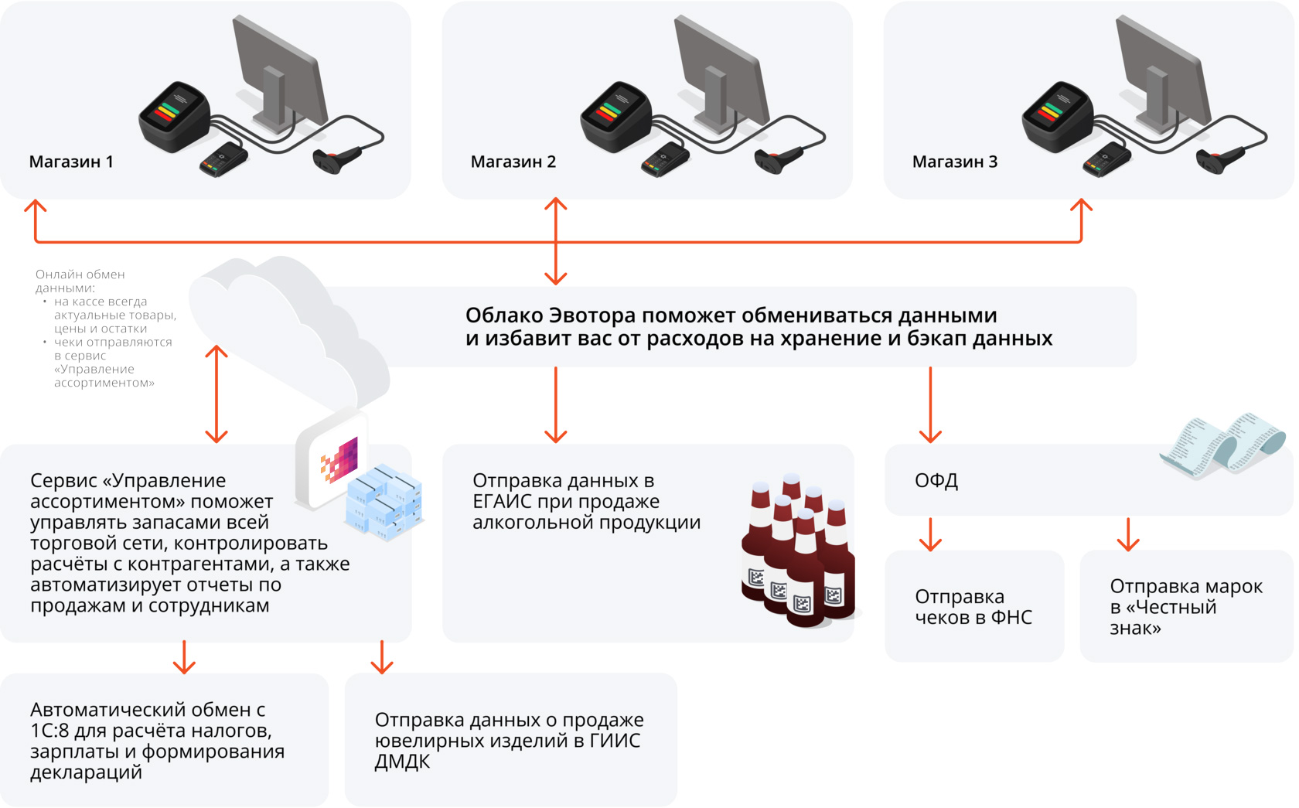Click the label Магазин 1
tap(71, 162)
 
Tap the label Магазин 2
tap(513, 162)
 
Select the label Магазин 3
tap(954, 162)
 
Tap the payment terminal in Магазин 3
tap(1106, 159)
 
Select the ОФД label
tap(936, 480)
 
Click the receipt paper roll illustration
tap(1222, 445)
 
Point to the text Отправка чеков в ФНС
tap(973, 607)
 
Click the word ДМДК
tap(402, 762)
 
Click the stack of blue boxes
tap(384, 503)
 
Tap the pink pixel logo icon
tap(340, 461)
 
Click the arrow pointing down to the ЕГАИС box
tap(555, 405)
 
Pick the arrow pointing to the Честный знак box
tap(1128, 534)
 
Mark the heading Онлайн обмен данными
tap(80, 281)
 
